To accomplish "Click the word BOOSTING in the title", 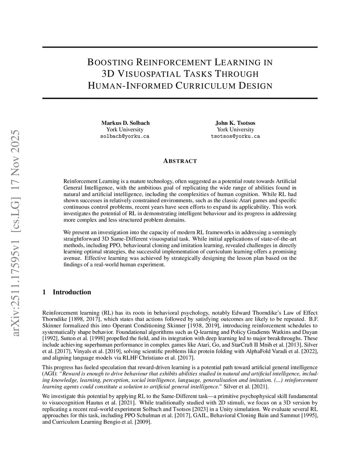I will tap(110, 63).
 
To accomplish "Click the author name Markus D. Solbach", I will tap(125, 123).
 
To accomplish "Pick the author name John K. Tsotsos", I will tap(235, 123).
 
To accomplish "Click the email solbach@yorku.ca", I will tap(125, 136).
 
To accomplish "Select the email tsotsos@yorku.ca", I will tap(235, 136).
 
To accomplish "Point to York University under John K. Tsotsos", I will tap(235, 129).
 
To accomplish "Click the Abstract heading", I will tap(180, 161).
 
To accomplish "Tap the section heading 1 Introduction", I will tap(66, 292).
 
